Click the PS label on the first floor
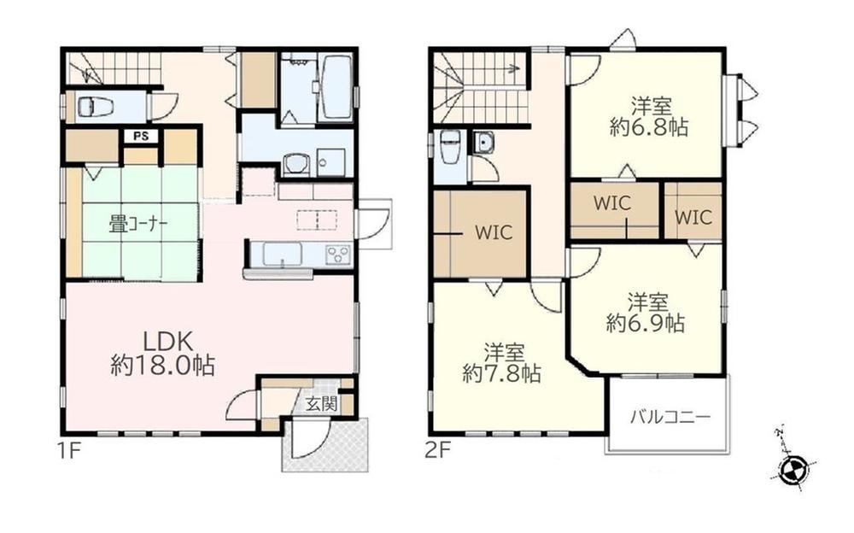142,137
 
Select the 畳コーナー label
137,224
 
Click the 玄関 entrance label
321,404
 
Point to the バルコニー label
670,418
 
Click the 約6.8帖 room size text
649,127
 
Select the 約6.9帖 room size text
646,324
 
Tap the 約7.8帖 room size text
501,373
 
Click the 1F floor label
69,451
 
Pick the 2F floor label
436,451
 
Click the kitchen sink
283,255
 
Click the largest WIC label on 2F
494,232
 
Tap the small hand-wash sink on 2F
483,143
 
